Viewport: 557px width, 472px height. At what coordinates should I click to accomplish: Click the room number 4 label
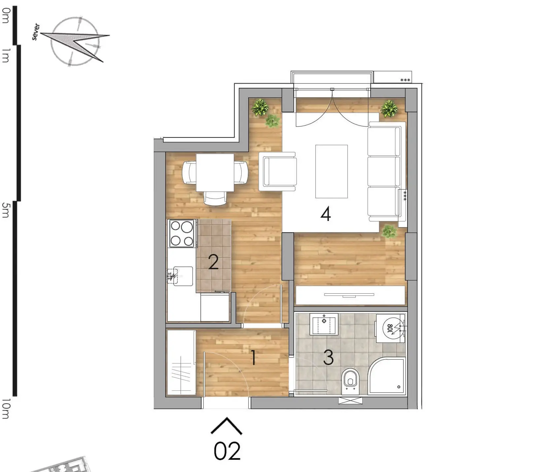[x=325, y=214]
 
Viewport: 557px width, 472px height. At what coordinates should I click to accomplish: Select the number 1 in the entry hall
[x=253, y=358]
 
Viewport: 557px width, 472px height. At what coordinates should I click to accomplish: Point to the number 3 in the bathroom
[x=328, y=357]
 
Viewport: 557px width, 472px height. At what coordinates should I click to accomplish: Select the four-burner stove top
[x=182, y=234]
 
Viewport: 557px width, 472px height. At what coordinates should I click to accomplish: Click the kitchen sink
[x=182, y=276]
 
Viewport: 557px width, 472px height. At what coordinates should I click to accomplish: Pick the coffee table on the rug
[x=331, y=171]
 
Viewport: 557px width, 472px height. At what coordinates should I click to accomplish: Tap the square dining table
[x=215, y=172]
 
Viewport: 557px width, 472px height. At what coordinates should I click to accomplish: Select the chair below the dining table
[x=215, y=198]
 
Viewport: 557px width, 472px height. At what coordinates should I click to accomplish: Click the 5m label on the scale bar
[x=6, y=210]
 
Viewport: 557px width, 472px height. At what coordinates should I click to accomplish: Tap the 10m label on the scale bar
[x=6, y=409]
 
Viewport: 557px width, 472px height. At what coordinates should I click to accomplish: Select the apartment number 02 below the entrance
[x=227, y=451]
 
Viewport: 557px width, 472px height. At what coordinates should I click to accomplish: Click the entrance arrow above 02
[x=226, y=426]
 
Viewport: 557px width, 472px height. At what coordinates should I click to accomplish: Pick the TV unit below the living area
[x=350, y=295]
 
